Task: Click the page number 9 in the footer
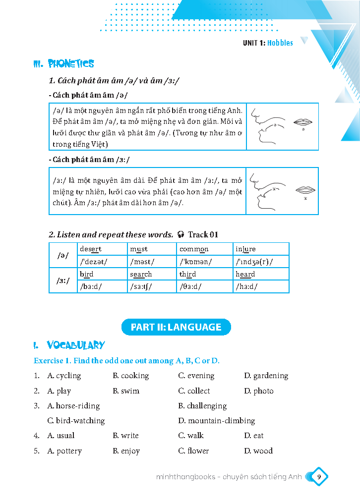coord(319,477)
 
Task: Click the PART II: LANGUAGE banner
coord(176,327)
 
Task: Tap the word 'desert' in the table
coord(91,249)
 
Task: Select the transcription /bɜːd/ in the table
coord(91,286)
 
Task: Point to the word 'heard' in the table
coord(245,274)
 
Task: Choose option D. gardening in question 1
coord(266,376)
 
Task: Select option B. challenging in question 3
coord(202,405)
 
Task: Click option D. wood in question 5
coord(258,451)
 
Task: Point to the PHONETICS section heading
coord(63,64)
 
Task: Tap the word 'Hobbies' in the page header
coord(280,43)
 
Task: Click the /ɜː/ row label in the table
coord(63,280)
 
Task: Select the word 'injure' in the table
coord(245,249)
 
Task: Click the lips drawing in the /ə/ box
coord(302,122)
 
